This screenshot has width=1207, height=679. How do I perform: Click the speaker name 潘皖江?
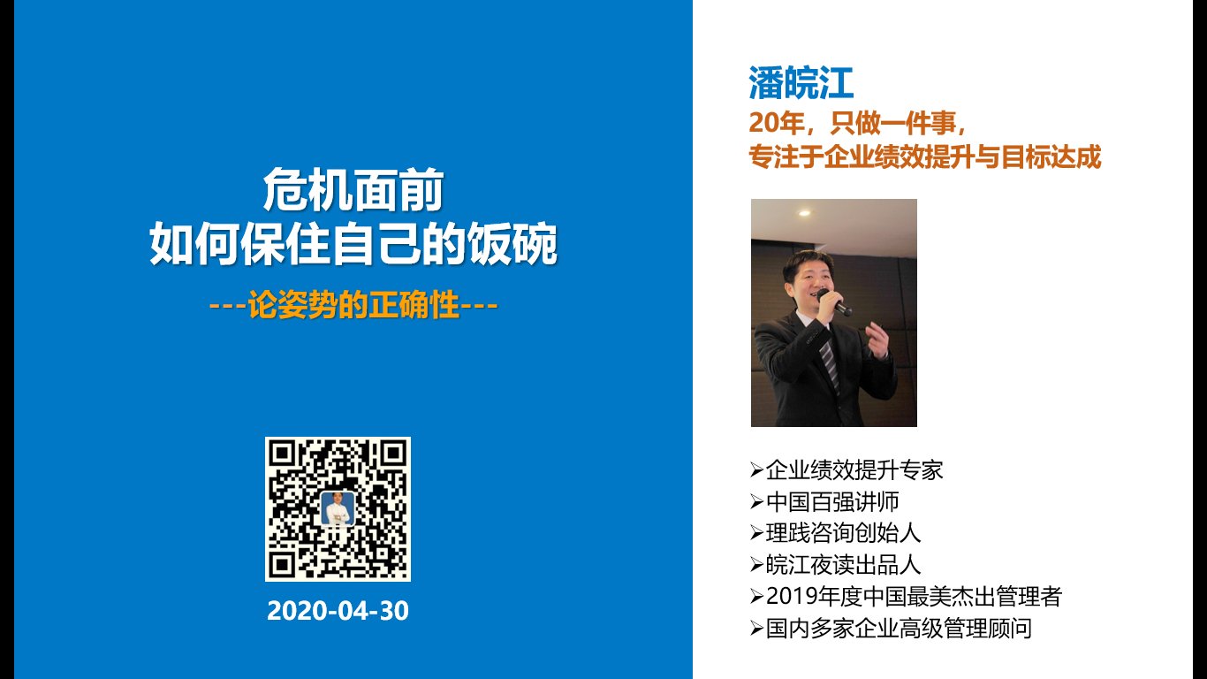[801, 83]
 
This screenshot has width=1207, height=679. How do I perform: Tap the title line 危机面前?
[353, 190]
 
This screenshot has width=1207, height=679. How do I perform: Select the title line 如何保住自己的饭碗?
[353, 243]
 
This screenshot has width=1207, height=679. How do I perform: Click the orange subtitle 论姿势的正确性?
[353, 305]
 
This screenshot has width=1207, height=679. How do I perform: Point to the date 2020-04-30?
[338, 611]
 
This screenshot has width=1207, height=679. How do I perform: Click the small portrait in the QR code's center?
[338, 508]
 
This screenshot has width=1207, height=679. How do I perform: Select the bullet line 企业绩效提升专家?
[854, 469]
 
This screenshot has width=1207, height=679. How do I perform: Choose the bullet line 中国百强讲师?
[832, 501]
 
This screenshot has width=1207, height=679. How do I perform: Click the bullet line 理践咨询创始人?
[843, 533]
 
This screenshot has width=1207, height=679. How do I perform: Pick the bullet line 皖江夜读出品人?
[843, 565]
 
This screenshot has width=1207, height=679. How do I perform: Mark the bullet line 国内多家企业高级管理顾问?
[899, 629]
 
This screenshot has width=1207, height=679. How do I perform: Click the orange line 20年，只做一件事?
[857, 123]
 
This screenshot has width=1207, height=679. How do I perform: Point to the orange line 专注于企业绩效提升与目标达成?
[924, 156]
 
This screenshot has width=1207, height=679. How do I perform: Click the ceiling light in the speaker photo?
[804, 213]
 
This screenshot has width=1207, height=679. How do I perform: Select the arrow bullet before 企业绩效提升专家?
[756, 469]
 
